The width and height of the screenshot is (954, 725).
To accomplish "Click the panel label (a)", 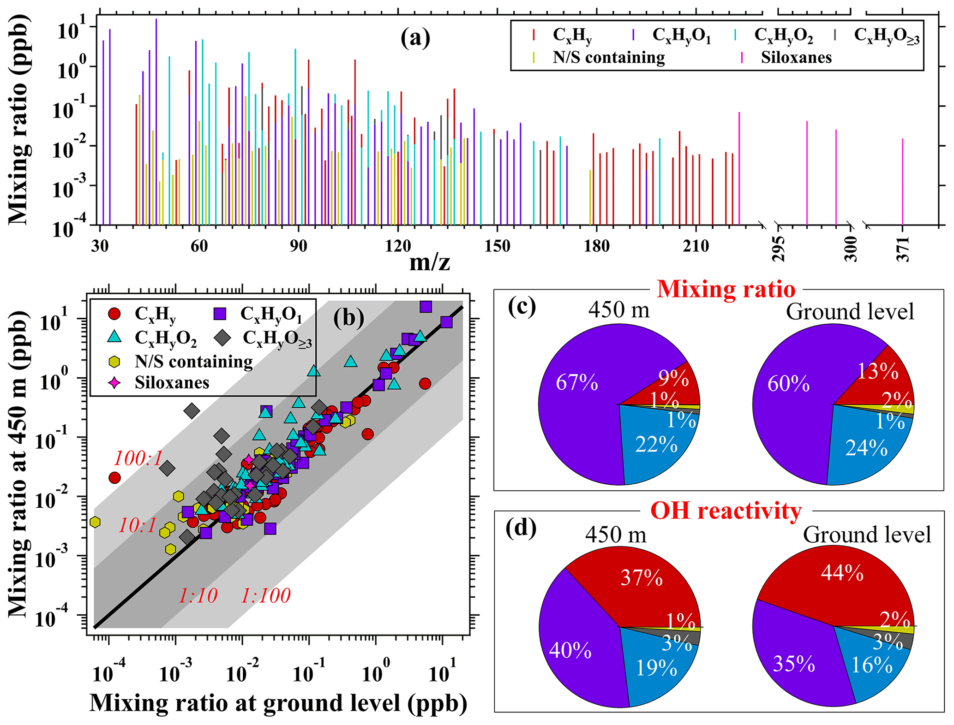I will (415, 38).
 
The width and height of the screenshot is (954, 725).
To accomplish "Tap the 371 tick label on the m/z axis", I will (903, 249).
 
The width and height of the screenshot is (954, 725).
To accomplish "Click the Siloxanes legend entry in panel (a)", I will (796, 58).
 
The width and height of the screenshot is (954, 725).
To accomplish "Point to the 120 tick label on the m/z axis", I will (397, 246).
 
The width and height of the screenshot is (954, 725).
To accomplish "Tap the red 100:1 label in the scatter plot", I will (138, 458).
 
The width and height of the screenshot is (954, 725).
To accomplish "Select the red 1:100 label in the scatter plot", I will (266, 595).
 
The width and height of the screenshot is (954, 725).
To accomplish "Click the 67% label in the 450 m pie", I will (576, 383).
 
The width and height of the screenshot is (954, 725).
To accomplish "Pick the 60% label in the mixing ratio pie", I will (788, 384).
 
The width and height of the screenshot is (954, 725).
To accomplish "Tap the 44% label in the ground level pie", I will (842, 573).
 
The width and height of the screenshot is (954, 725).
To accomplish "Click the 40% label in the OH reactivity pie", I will (570, 650).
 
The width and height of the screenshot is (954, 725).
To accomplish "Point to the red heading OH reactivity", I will (726, 511).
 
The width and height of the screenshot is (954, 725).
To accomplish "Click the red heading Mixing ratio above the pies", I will (726, 290).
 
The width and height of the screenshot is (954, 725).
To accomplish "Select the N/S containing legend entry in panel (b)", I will (193, 362).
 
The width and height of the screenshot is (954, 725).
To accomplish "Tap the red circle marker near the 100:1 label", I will (114, 478).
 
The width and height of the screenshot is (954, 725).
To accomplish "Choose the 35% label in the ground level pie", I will (794, 664).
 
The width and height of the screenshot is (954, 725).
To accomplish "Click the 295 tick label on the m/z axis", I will (779, 249).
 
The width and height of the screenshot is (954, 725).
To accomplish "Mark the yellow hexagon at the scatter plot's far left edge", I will (95, 522).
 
